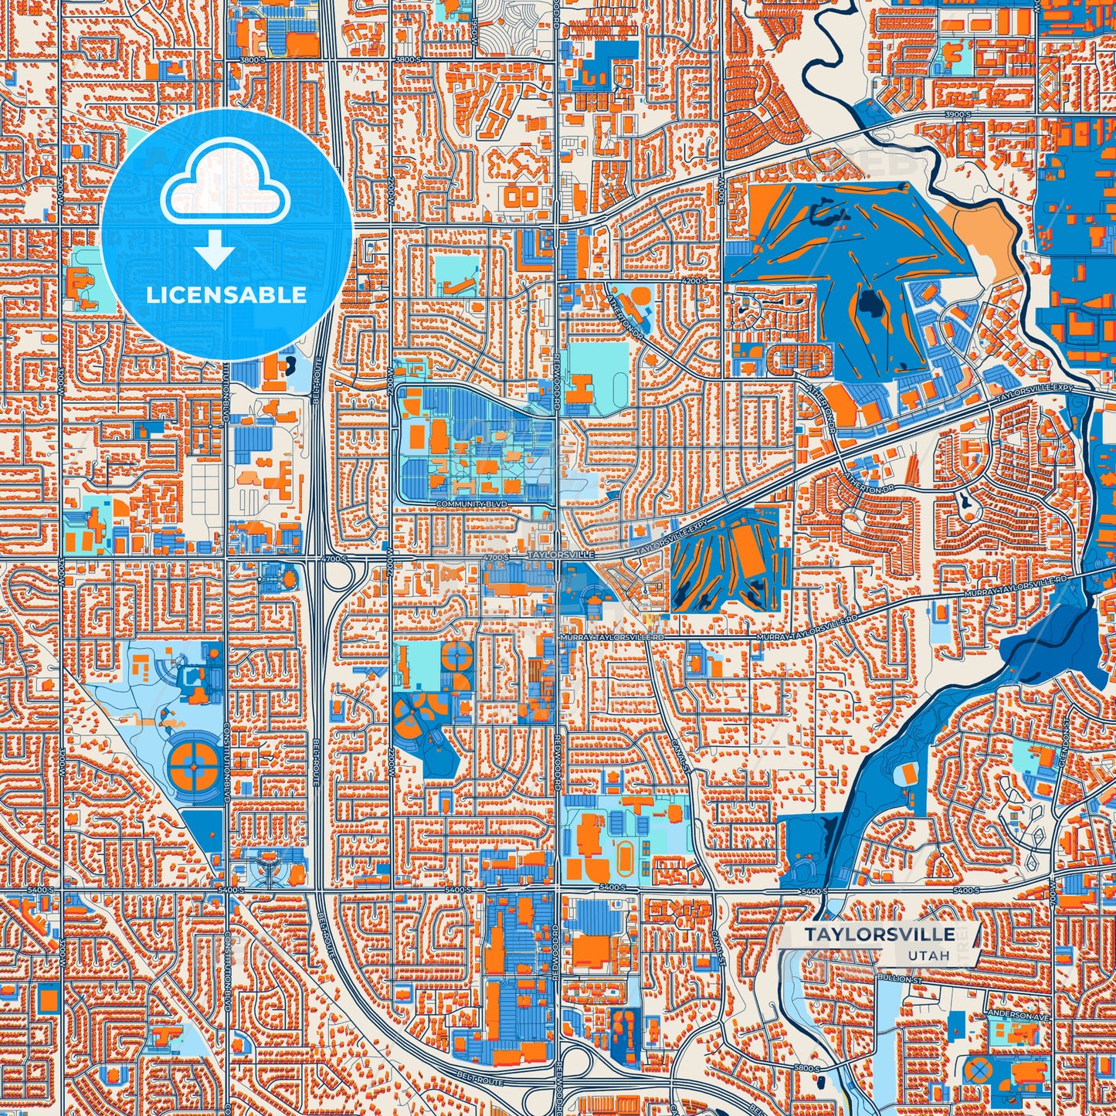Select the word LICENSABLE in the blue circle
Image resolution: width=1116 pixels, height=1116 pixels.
coord(226,295)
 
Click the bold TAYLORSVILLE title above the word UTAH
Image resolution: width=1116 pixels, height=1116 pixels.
coord(878,935)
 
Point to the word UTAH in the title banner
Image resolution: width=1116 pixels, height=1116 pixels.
coord(928,956)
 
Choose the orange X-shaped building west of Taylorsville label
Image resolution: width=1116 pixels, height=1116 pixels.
coord(449,575)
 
